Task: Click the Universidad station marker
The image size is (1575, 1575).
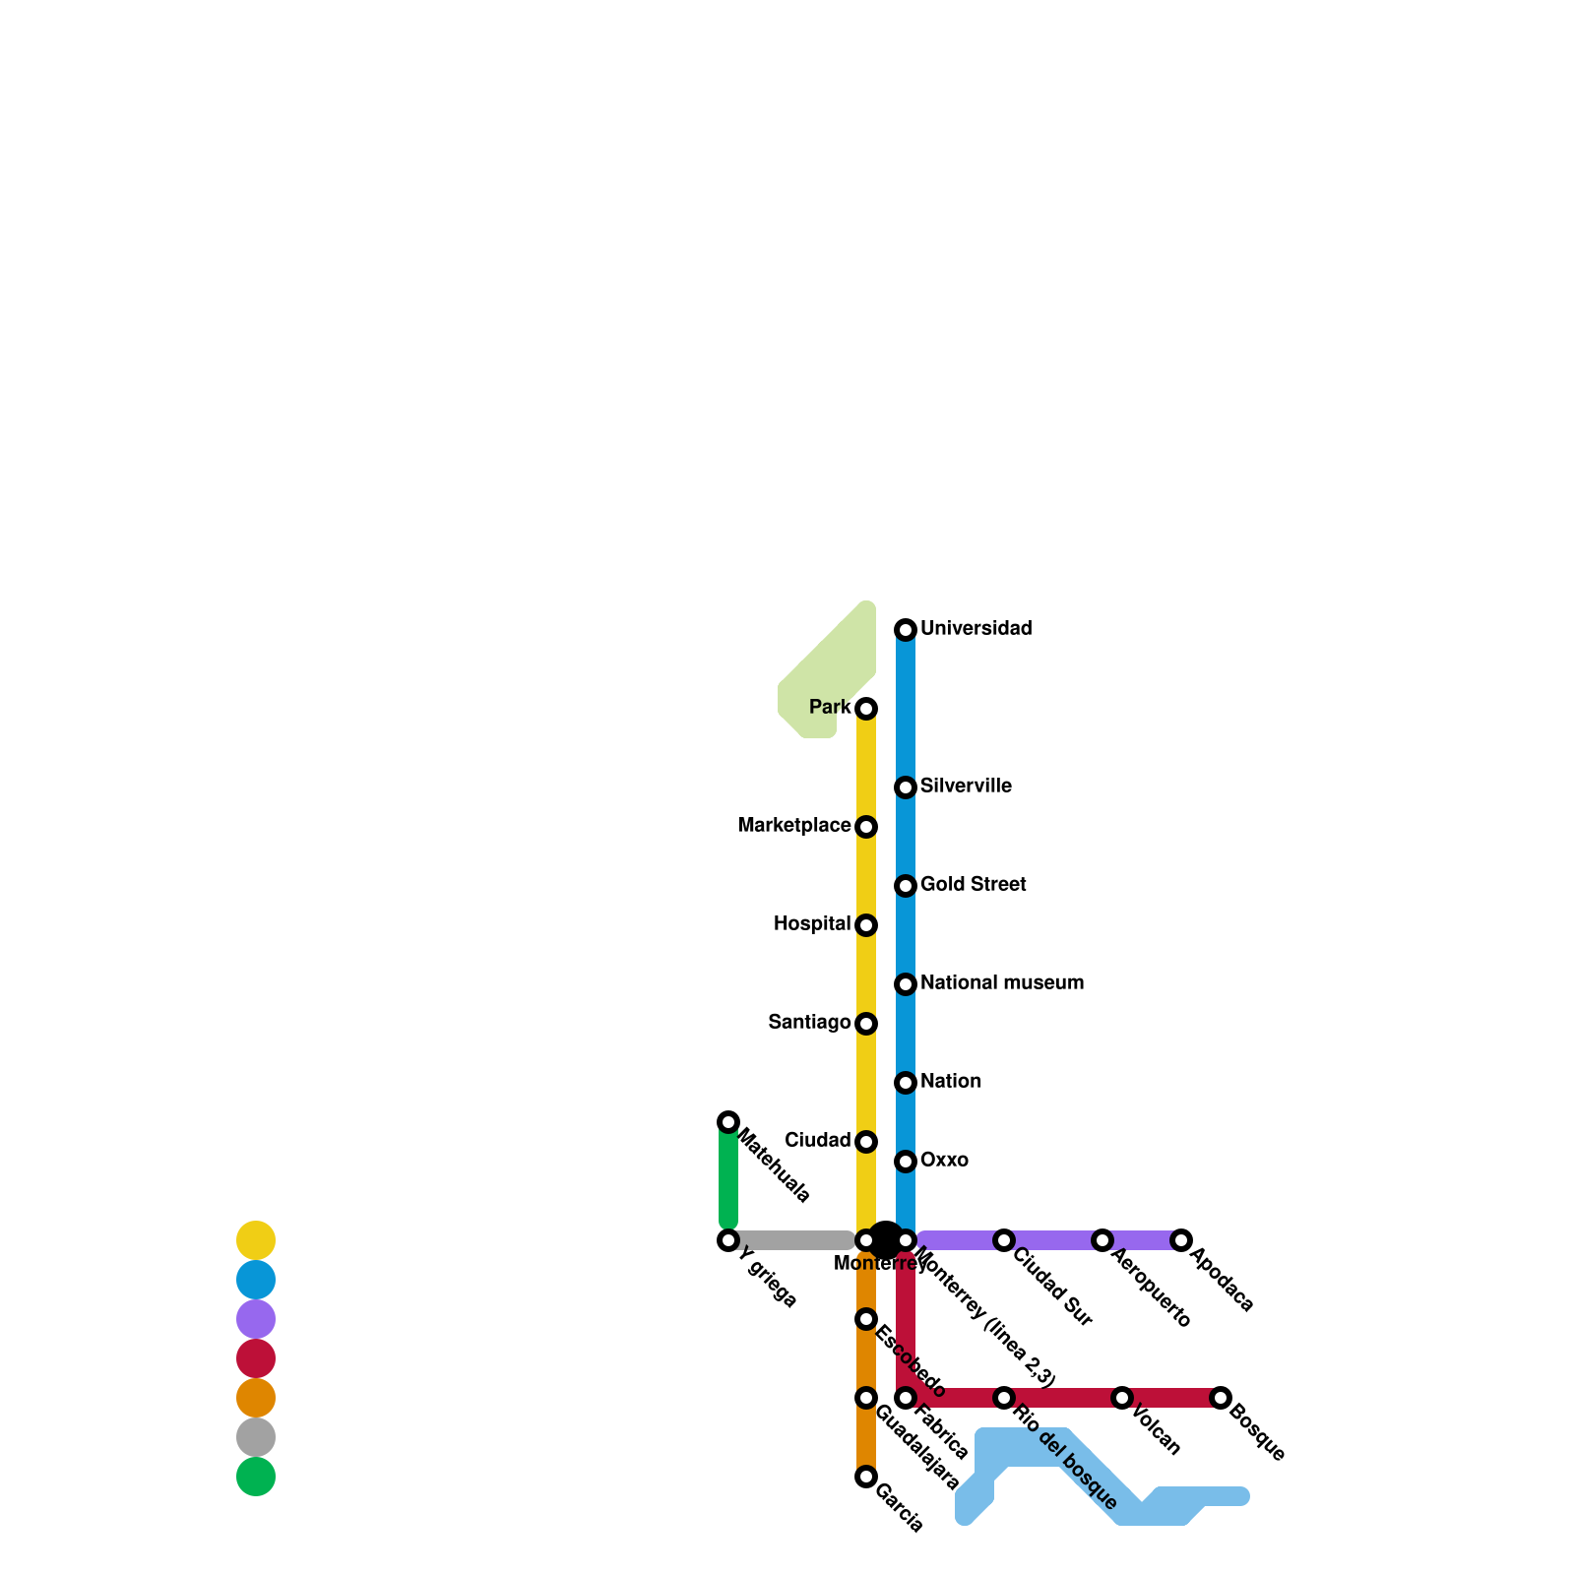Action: pyautogui.click(x=906, y=630)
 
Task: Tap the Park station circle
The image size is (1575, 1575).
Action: pyautogui.click(x=866, y=709)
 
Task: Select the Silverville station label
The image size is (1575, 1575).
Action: pyautogui.click(x=966, y=787)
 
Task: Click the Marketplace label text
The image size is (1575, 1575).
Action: pyautogui.click(x=793, y=826)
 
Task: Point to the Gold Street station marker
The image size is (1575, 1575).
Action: pyautogui.click(x=906, y=886)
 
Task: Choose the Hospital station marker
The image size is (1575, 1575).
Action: pyautogui.click(x=866, y=925)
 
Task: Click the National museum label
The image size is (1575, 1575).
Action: pyautogui.click(x=1001, y=983)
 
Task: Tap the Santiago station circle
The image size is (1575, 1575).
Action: pyautogui.click(x=866, y=1024)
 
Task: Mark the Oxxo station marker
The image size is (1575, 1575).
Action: pyautogui.click(x=906, y=1162)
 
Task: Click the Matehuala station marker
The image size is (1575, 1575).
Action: pyautogui.click(x=728, y=1122)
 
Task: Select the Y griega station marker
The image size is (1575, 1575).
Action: pyautogui.click(x=728, y=1240)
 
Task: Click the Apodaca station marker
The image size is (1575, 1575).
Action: pyautogui.click(x=1181, y=1240)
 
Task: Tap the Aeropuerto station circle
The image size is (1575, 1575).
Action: pyautogui.click(x=1102, y=1240)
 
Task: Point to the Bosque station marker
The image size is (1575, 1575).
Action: pyautogui.click(x=1221, y=1398)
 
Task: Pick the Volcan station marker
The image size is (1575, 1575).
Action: pyautogui.click(x=1122, y=1398)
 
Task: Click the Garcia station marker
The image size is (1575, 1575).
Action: pyautogui.click(x=866, y=1477)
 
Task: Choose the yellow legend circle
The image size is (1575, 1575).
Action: pyautogui.click(x=256, y=1240)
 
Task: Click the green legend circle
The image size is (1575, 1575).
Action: pyautogui.click(x=256, y=1477)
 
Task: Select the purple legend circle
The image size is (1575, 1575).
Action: pyautogui.click(x=256, y=1319)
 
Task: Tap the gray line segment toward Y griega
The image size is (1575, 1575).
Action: pyautogui.click(x=792, y=1240)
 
